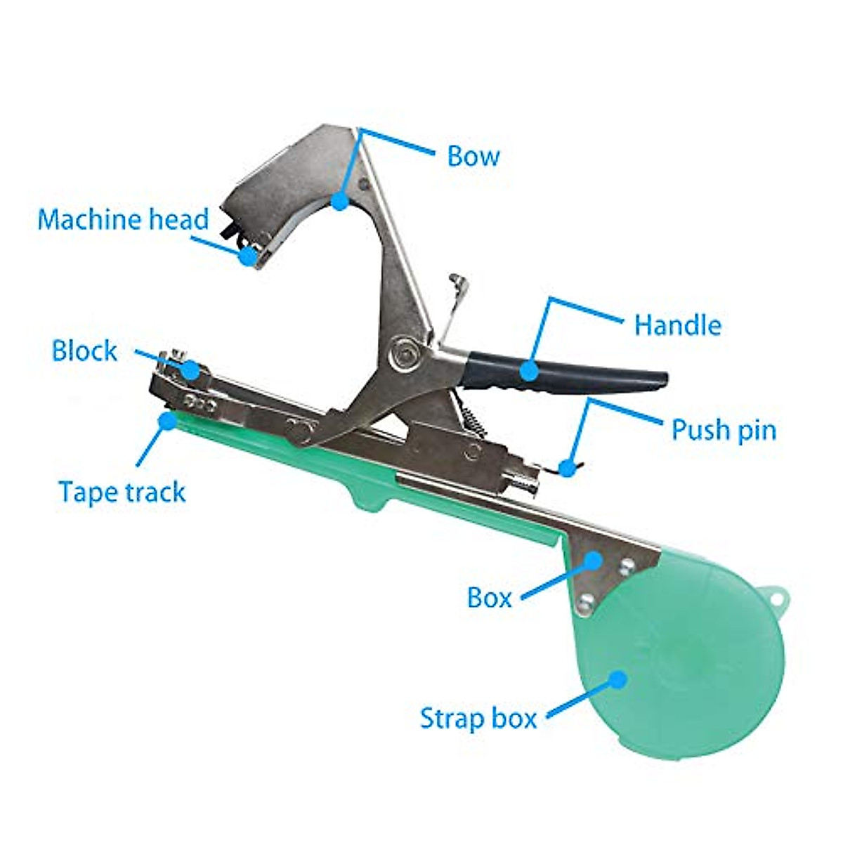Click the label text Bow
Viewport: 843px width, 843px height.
pyautogui.click(x=473, y=156)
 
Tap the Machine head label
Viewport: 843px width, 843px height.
pyautogui.click(x=124, y=219)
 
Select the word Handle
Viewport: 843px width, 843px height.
pyautogui.click(x=677, y=325)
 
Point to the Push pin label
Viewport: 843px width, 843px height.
pyautogui.click(x=724, y=429)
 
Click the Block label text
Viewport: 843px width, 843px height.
pyautogui.click(x=84, y=351)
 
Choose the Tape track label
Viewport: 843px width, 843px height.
pyautogui.click(x=122, y=492)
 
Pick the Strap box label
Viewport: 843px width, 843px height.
pyautogui.click(x=478, y=718)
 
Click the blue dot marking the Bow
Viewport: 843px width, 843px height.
pyautogui.click(x=340, y=202)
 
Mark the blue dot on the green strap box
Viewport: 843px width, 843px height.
pyautogui.click(x=617, y=679)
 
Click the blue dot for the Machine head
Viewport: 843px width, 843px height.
pyautogui.click(x=247, y=256)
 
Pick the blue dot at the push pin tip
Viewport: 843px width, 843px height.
pyautogui.click(x=566, y=466)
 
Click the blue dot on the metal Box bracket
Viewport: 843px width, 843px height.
pyautogui.click(x=594, y=561)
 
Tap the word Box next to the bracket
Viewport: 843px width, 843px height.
pyautogui.click(x=489, y=598)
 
